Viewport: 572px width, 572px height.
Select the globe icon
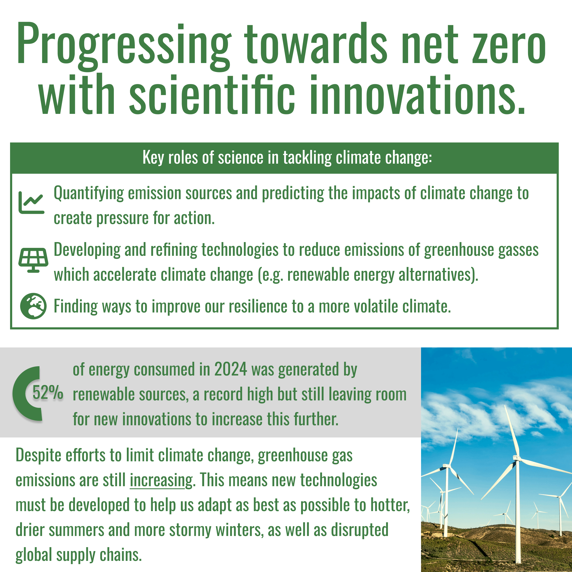click(33, 306)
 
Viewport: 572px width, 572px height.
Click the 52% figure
click(48, 393)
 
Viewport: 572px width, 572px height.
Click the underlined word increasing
click(161, 480)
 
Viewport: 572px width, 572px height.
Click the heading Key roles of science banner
click(287, 157)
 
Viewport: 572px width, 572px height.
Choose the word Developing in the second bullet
click(87, 251)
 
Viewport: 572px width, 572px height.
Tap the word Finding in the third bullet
click(75, 306)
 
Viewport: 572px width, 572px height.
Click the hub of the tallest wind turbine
click(517, 458)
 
